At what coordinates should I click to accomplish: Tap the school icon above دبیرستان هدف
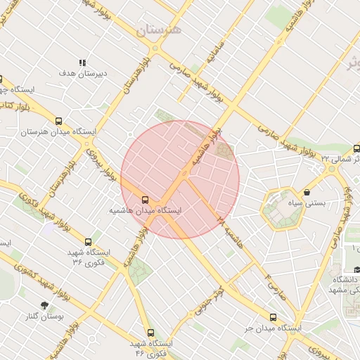pyautogui.click(x=82, y=63)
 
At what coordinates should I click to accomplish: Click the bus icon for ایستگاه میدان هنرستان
pyautogui.click(x=58, y=121)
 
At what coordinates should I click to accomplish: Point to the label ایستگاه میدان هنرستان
pyautogui.click(x=58, y=131)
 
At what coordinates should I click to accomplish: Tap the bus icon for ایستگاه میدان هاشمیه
pyautogui.click(x=145, y=200)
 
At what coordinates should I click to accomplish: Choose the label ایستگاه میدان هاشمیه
pyautogui.click(x=145, y=210)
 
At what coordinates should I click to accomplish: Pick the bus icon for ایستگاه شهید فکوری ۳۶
pyautogui.click(x=88, y=242)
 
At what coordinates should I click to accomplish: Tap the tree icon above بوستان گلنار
pyautogui.click(x=46, y=306)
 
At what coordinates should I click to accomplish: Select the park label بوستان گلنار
pyautogui.click(x=45, y=316)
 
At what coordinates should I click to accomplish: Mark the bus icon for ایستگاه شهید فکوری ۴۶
pyautogui.click(x=150, y=333)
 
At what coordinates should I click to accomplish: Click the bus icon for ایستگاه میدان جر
pyautogui.click(x=273, y=317)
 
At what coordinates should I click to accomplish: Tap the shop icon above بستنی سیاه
pyautogui.click(x=307, y=192)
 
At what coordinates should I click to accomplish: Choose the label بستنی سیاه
pyautogui.click(x=307, y=202)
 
